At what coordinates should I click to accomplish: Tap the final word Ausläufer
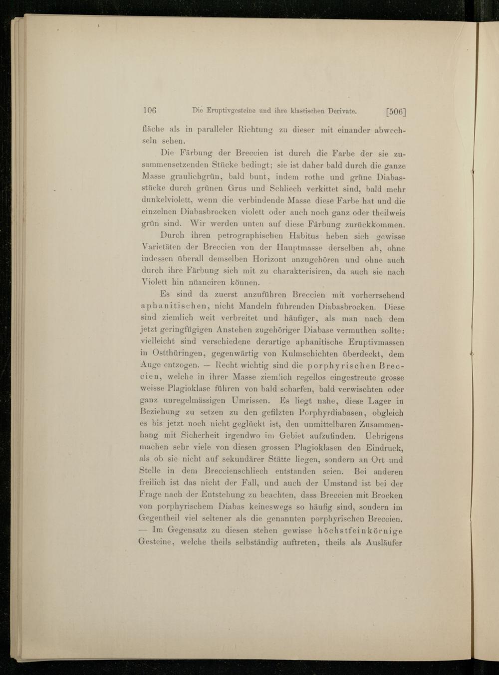coord(384,542)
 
